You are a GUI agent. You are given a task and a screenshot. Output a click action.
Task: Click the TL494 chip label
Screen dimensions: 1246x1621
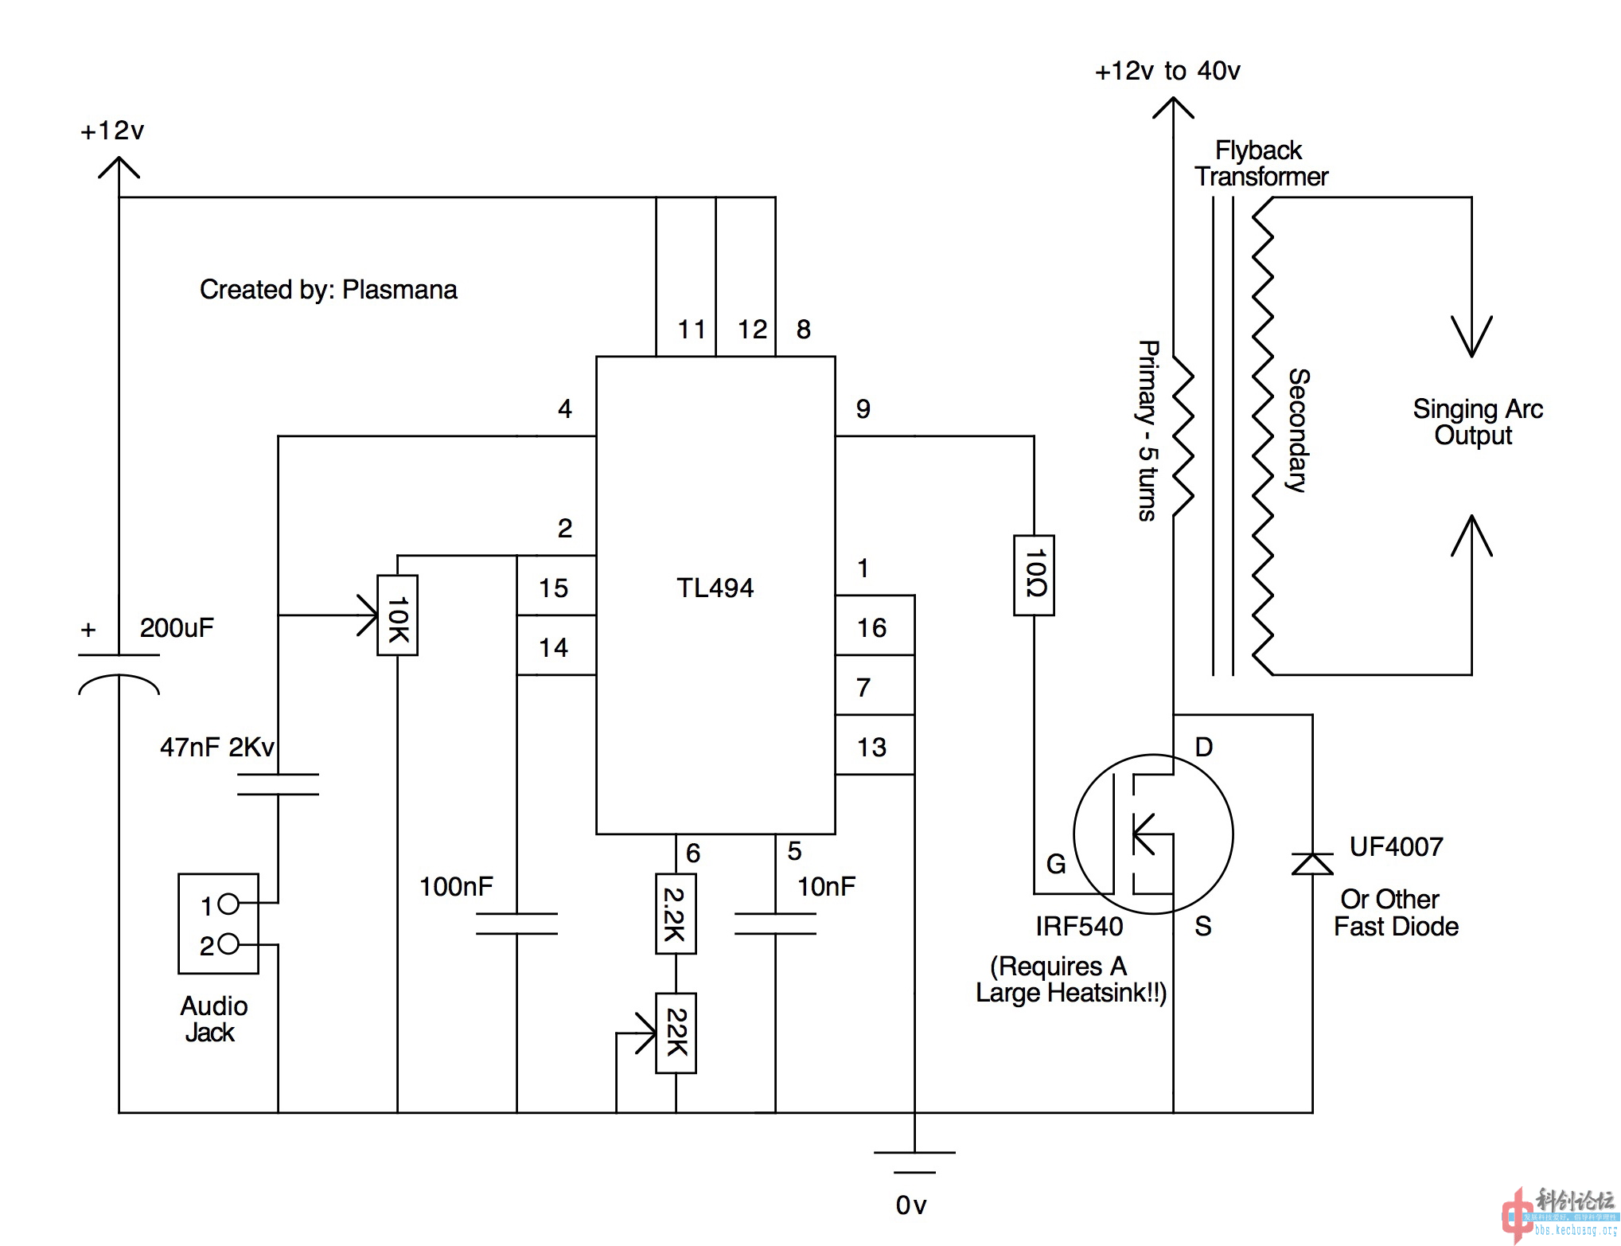[715, 588]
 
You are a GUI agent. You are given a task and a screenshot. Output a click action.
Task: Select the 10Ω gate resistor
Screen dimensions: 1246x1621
[1034, 575]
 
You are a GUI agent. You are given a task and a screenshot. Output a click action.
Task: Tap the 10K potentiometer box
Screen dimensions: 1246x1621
[397, 615]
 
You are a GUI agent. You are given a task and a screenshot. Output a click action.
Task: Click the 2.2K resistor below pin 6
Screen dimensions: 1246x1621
[676, 913]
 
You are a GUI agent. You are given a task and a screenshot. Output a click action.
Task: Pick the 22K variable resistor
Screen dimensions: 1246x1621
[676, 1033]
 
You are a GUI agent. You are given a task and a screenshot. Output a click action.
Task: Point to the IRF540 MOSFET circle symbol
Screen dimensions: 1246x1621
[1153, 834]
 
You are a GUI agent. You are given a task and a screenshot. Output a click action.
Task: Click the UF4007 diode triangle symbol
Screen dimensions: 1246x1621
[1312, 864]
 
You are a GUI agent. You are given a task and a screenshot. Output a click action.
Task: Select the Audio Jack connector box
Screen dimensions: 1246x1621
[218, 924]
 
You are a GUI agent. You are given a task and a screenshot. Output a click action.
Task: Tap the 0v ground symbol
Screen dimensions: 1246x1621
[914, 1162]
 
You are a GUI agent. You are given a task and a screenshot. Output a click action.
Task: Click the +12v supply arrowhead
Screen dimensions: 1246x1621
[119, 167]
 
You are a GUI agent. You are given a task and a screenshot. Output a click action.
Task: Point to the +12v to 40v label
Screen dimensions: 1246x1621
[1167, 71]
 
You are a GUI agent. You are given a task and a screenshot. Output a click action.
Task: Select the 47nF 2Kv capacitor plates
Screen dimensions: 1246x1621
[278, 784]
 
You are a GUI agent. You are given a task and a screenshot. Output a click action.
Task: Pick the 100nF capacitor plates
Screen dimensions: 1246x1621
[516, 924]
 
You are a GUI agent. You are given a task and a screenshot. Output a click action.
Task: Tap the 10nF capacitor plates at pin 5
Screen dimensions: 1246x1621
[775, 924]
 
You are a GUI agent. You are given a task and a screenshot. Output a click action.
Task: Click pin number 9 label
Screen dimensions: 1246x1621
[863, 408]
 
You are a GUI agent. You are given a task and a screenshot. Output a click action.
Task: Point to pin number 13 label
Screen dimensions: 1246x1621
[871, 747]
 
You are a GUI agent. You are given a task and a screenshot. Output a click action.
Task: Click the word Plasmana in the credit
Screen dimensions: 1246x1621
[399, 289]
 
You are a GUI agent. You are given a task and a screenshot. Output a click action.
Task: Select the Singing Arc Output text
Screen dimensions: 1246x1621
[1477, 422]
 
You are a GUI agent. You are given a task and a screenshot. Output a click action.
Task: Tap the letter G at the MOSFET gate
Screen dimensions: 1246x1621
[1055, 864]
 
